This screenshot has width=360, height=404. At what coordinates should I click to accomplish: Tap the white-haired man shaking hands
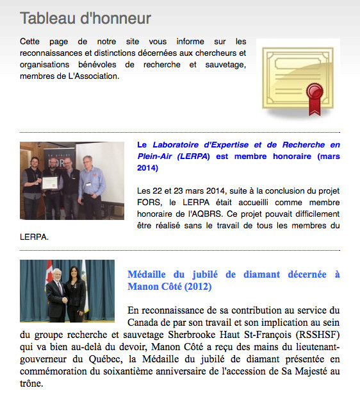[58, 295]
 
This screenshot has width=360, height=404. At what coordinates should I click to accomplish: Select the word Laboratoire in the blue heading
[181, 144]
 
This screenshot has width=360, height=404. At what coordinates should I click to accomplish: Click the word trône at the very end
[32, 384]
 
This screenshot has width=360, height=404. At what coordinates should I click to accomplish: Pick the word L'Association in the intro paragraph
[95, 76]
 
